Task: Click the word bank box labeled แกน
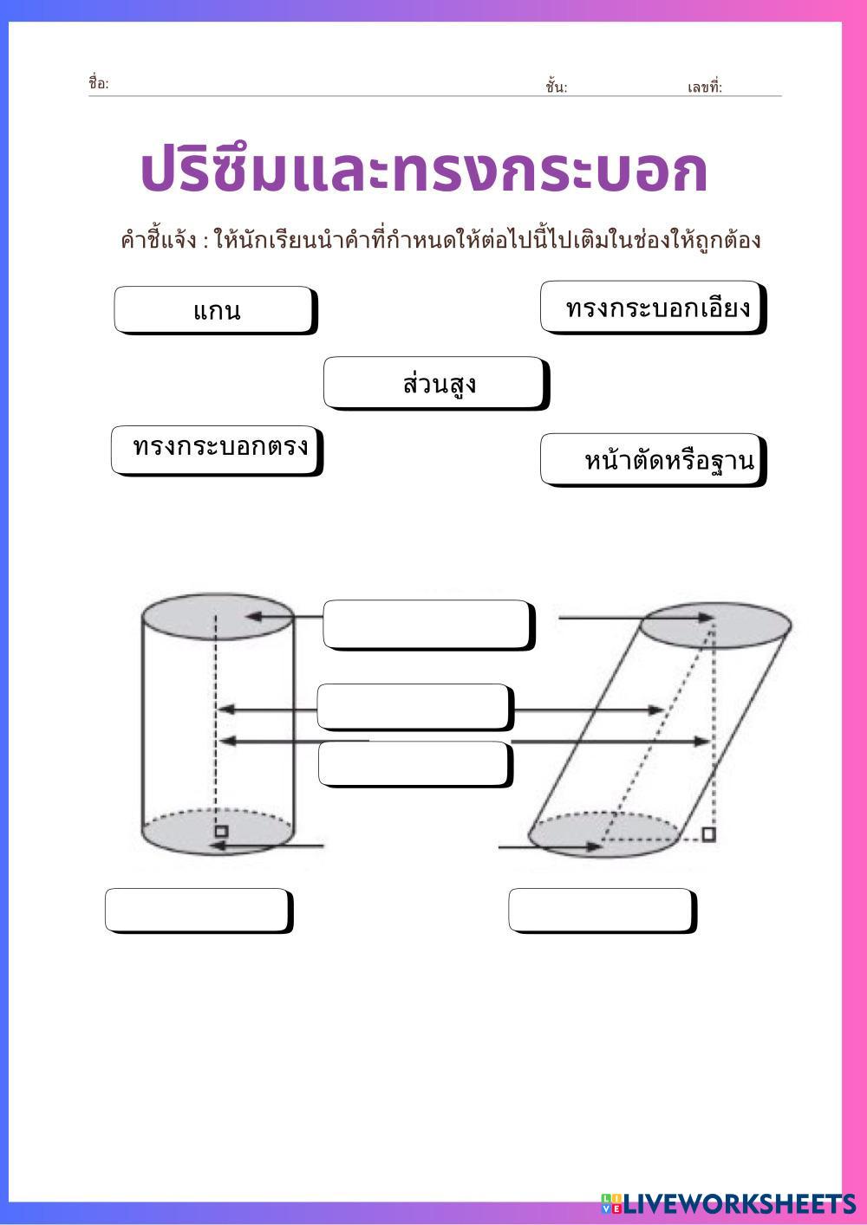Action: [x=214, y=310]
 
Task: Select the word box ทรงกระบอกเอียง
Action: [x=653, y=307]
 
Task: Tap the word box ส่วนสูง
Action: [x=436, y=383]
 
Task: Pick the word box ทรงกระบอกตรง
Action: [x=217, y=450]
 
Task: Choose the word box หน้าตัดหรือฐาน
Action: [x=653, y=459]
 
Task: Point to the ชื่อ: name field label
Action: [x=98, y=84]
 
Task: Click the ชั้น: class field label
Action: [x=556, y=87]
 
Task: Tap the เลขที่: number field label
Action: [x=704, y=87]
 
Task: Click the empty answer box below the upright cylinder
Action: [x=199, y=910]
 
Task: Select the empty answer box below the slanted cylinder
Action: [x=602, y=910]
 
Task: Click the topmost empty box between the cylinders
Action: [x=427, y=624]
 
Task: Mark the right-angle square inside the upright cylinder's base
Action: [x=222, y=831]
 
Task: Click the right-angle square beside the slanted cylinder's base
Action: [x=708, y=834]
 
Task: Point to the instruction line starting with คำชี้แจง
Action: [x=440, y=240]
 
